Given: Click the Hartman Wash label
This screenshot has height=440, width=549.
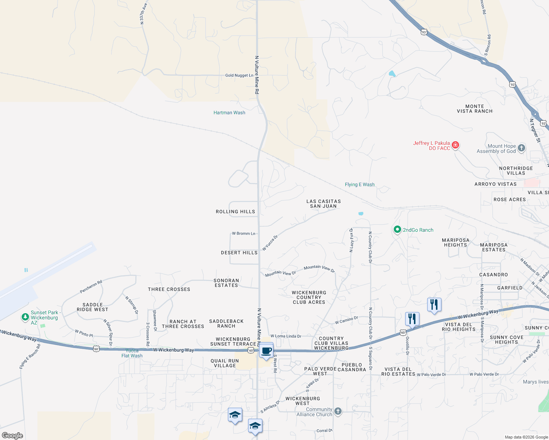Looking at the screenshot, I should [x=229, y=113].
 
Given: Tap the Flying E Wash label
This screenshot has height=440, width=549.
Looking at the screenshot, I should [x=360, y=184].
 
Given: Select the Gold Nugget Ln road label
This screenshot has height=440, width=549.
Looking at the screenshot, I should [x=239, y=75].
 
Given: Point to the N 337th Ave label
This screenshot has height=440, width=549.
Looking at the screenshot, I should [x=143, y=14].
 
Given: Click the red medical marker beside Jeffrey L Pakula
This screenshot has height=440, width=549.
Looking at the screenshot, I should [x=455, y=145].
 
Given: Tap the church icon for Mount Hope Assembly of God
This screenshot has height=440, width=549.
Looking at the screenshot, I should [x=521, y=148].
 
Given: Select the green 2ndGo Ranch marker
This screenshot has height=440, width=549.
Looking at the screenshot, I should [x=397, y=230].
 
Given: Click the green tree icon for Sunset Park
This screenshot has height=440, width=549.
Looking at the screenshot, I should [x=25, y=317].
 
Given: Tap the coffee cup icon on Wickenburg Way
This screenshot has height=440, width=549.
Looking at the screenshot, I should [x=266, y=351].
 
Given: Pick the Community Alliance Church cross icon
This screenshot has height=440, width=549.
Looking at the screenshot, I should [x=338, y=411].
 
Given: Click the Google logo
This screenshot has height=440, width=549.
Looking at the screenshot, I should [x=12, y=435].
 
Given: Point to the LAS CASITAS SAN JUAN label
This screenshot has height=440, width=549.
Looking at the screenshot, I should [x=323, y=203].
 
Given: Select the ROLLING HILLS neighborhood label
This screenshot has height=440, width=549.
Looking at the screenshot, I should [x=235, y=212].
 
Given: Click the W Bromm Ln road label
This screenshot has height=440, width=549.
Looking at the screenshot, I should [x=243, y=233].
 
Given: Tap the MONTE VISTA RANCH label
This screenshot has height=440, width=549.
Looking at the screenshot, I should [x=475, y=109].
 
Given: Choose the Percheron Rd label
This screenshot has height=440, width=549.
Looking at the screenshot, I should [x=91, y=287].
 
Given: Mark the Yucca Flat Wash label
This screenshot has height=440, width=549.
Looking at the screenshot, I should [x=132, y=353].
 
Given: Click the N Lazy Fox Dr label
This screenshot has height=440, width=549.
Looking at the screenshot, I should [x=351, y=240].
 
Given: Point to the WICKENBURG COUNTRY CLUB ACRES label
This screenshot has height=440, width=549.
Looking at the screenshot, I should [x=309, y=297].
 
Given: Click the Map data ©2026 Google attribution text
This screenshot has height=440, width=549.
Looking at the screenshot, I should [x=526, y=437].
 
